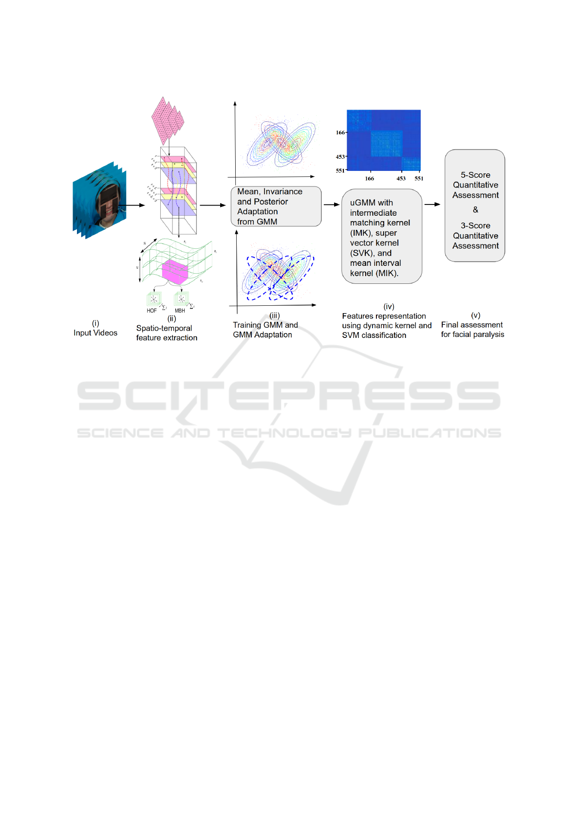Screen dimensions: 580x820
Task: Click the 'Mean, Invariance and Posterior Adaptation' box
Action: point(276,206)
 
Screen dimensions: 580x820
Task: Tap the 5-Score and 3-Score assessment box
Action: point(475,205)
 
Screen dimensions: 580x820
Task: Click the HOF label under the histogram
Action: point(151,311)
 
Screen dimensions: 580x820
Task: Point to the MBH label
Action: point(180,311)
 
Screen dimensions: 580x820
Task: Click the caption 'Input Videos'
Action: point(95,333)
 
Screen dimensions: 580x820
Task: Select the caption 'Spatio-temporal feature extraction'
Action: point(167,333)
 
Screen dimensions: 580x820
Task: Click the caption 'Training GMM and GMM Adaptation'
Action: point(265,330)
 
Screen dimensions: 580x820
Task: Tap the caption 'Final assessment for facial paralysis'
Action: point(472,330)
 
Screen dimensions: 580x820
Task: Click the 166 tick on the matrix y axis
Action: point(340,132)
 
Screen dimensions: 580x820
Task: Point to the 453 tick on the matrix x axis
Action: point(401,179)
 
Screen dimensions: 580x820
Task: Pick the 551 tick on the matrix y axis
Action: point(340,171)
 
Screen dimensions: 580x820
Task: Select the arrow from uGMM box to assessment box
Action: point(432,205)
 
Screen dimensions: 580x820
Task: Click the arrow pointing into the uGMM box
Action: point(332,205)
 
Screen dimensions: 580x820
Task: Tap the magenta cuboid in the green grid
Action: point(174,271)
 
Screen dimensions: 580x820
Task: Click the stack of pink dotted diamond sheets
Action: point(168,120)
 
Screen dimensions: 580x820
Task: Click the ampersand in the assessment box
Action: point(475,210)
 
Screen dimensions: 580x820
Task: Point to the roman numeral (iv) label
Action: point(389,306)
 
